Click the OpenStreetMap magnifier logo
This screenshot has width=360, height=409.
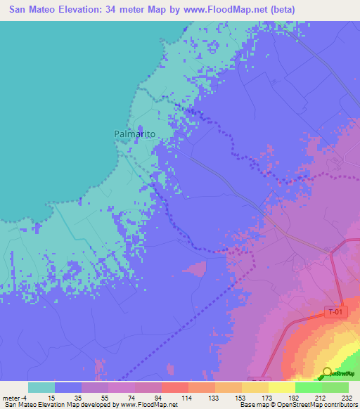(328, 372)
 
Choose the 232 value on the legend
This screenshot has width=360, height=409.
(348, 397)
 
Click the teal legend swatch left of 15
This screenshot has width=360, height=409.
(41, 387)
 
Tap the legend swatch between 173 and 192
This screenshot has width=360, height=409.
(282, 387)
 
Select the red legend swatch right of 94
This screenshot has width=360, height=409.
(174, 387)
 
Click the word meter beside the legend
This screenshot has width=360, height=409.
(10, 397)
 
